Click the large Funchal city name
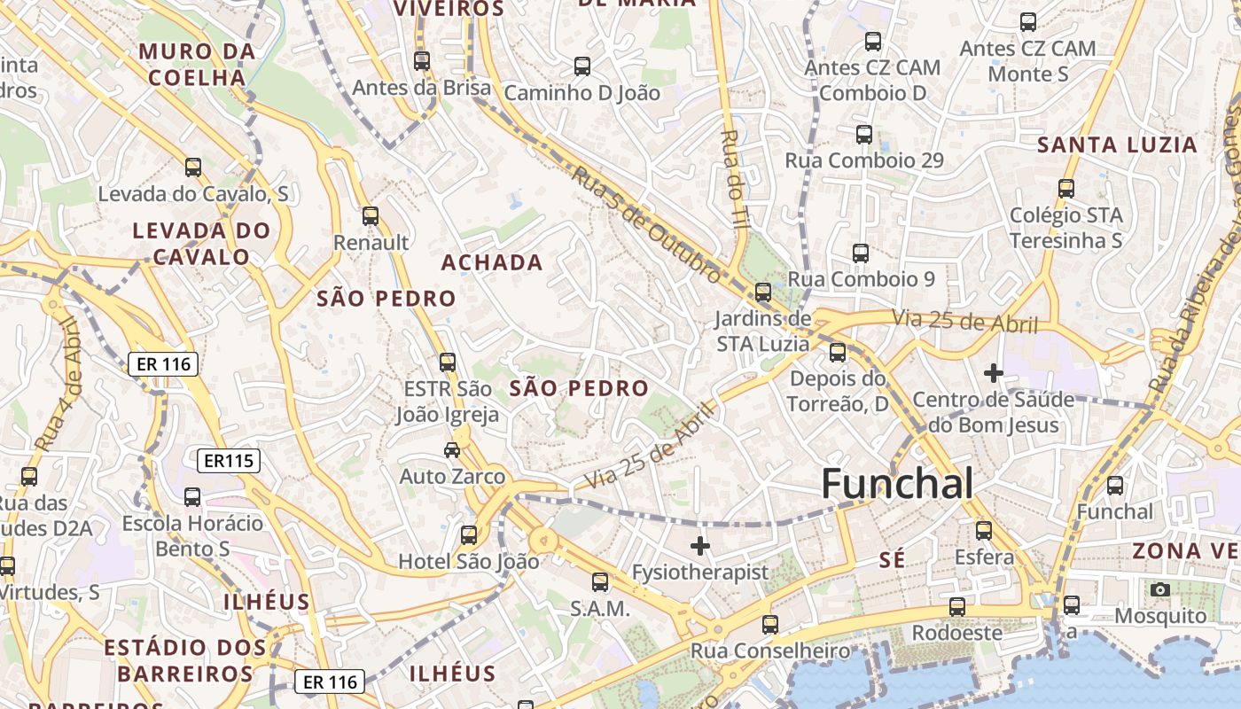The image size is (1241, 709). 897,484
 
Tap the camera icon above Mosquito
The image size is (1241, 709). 1159,589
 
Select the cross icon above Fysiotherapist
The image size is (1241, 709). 700,545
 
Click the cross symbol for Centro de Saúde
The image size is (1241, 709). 993,373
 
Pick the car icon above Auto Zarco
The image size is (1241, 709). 452,449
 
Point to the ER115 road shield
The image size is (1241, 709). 229,461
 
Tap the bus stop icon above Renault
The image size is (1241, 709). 371,215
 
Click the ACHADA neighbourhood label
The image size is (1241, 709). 492,262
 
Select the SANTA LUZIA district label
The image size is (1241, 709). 1117,145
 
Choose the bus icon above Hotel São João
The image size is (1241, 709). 468,534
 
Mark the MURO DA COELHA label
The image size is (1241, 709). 197,65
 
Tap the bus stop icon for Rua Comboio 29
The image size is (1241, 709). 864,134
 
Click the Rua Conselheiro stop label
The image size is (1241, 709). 770,651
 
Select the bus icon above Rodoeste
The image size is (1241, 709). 957,606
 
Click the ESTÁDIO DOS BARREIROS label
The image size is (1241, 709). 185,661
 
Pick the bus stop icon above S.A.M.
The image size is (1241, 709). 600,581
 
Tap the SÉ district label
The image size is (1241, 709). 892,559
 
